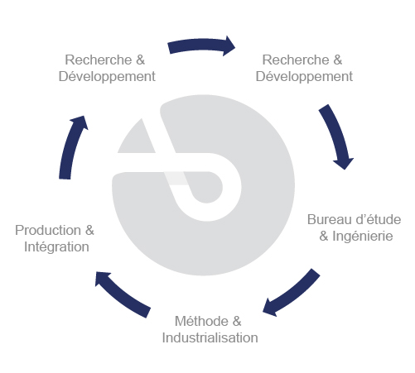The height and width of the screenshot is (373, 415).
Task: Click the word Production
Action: point(48,230)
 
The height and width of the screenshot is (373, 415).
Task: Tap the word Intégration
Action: point(56,246)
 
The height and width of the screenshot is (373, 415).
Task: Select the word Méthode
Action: point(201,321)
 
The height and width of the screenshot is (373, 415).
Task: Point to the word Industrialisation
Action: point(210,337)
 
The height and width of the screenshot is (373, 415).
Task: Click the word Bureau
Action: point(330,220)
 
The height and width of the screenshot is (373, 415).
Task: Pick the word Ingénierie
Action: point(363,237)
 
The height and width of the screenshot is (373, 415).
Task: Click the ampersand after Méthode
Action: point(237,321)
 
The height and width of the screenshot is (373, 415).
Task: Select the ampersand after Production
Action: point(89,230)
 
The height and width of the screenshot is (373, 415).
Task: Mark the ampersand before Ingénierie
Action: point(324,237)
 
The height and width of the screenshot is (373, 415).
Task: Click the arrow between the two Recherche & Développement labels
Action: point(201,45)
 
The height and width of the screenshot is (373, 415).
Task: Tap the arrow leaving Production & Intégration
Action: point(70,146)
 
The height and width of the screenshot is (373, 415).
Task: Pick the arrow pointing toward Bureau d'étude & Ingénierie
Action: point(337,136)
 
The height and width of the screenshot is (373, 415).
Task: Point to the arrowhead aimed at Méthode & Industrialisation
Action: point(270,308)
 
